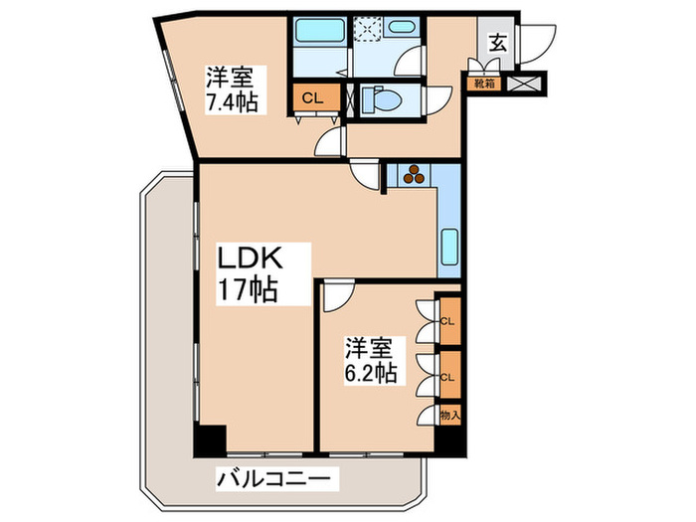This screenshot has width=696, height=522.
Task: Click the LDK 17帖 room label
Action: [x=254, y=274]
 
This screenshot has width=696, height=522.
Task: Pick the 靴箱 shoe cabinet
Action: [x=484, y=84]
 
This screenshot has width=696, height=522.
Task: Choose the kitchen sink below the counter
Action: [x=448, y=244]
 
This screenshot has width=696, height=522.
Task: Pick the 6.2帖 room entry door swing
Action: [x=336, y=294]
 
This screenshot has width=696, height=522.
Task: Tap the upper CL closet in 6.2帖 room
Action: [x=449, y=320]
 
